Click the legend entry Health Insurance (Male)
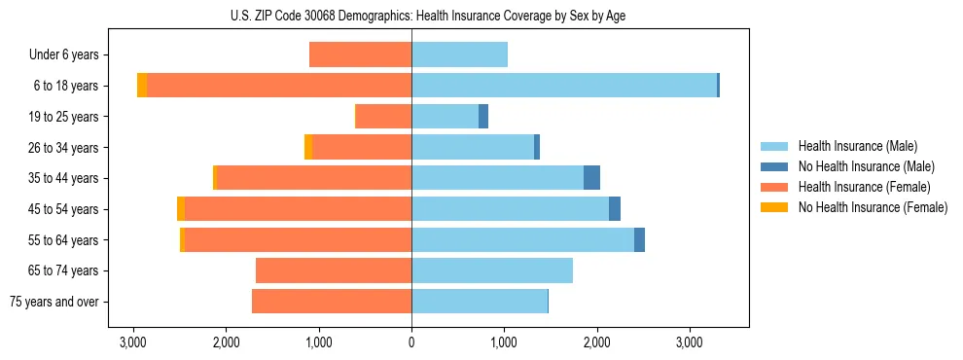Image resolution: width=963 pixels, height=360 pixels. (857, 146)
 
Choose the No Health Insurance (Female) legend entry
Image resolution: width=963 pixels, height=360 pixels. (873, 207)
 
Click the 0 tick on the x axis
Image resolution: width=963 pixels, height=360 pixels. (411, 343)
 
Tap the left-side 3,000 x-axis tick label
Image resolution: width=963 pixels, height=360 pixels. (133, 343)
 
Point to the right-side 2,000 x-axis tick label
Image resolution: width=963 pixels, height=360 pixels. (596, 343)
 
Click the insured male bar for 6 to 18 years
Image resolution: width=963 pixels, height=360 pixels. (564, 86)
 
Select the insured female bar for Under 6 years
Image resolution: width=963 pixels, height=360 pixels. (360, 54)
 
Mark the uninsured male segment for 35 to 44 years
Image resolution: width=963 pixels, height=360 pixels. (591, 178)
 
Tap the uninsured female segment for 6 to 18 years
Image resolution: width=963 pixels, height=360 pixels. (142, 86)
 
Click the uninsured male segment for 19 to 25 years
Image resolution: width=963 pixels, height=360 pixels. (483, 117)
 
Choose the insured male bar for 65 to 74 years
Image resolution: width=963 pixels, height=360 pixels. (492, 270)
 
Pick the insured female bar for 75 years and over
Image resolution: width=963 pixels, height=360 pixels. (332, 302)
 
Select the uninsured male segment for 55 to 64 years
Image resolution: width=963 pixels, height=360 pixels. (639, 239)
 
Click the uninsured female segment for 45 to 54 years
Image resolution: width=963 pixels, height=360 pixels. (181, 209)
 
